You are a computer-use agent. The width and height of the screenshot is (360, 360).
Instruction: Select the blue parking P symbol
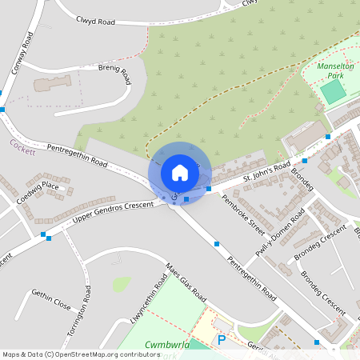tap(222, 340)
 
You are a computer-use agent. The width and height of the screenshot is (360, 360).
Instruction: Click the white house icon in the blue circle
tap(180, 172)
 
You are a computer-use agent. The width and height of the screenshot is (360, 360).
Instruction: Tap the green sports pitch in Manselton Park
tap(334, 91)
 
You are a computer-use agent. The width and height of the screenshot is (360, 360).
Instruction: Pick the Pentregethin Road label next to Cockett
tap(77, 155)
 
